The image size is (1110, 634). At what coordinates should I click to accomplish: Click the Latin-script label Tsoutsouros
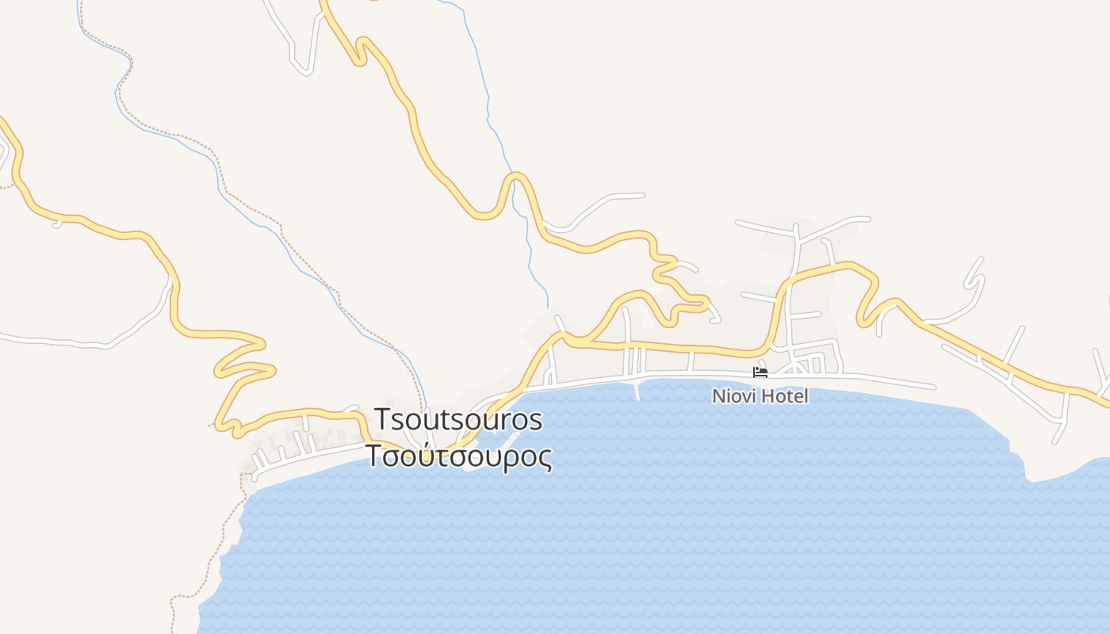click(x=457, y=419)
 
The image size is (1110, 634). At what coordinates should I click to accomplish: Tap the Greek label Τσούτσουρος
click(x=457, y=456)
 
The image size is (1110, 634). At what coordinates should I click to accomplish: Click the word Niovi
click(x=731, y=395)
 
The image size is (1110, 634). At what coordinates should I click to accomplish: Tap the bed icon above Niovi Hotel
click(x=760, y=372)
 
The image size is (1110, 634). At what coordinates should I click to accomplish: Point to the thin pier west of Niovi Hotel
click(x=636, y=391)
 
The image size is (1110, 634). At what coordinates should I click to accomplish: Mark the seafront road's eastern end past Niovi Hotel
click(x=934, y=387)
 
